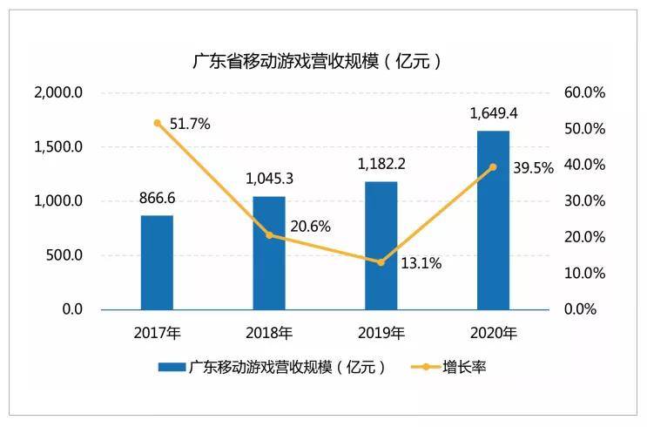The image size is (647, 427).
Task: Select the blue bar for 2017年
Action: tap(157, 262)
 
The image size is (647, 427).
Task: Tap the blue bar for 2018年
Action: tap(269, 253)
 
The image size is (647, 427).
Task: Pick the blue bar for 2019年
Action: tap(381, 246)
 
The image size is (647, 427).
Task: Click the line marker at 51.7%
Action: tap(157, 123)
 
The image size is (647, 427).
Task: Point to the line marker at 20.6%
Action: tap(269, 235)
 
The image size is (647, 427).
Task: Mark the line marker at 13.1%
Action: tap(381, 262)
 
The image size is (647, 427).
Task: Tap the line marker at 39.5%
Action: tap(493, 166)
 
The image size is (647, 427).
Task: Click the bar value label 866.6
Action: tap(157, 198)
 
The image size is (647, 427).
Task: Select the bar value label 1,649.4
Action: tap(493, 113)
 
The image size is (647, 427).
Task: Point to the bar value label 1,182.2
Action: tap(381, 164)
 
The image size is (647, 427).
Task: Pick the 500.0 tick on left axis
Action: tap(64, 255)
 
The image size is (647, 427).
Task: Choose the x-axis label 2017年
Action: tap(157, 333)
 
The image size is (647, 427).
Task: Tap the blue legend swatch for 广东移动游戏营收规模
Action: tap(172, 367)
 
